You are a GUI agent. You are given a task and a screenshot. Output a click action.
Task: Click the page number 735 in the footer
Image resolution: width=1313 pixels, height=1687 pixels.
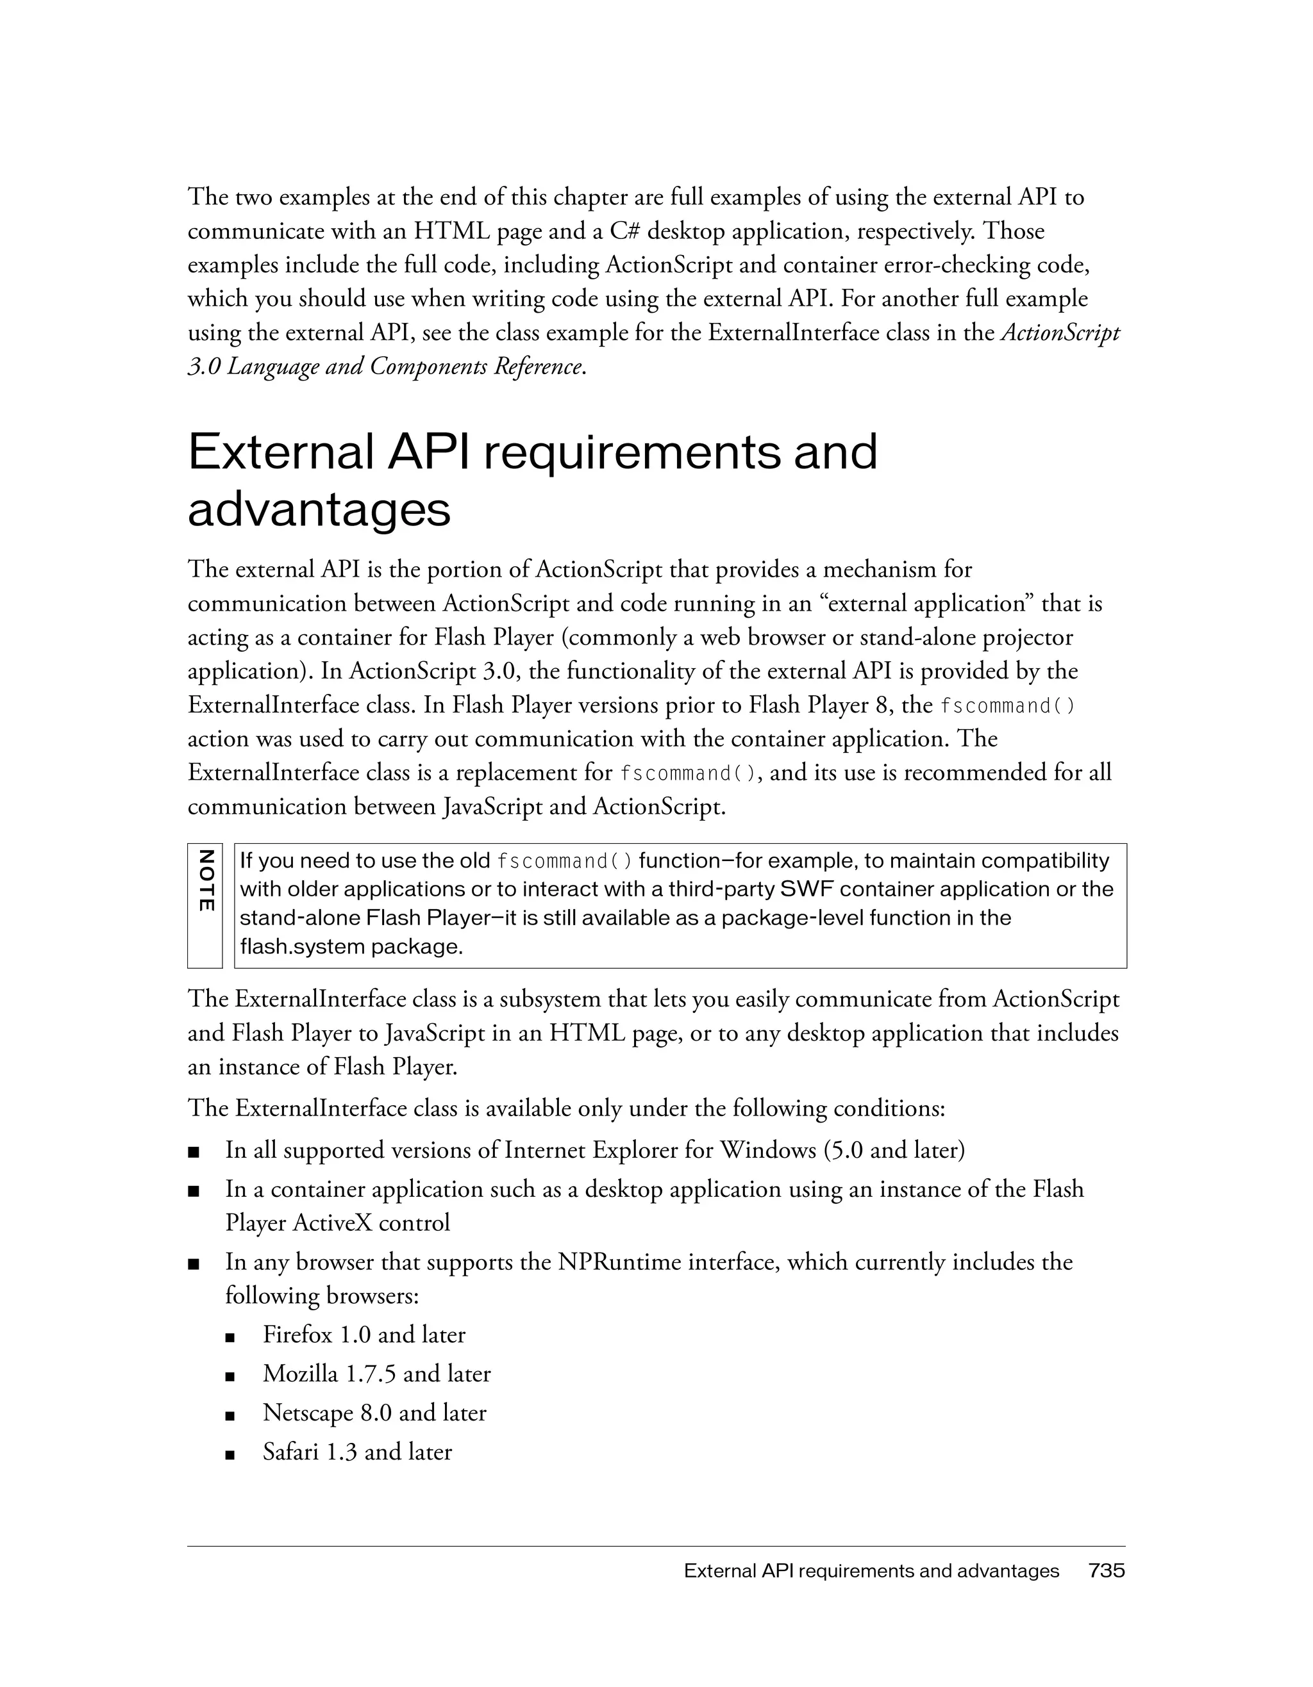pyautogui.click(x=1106, y=1570)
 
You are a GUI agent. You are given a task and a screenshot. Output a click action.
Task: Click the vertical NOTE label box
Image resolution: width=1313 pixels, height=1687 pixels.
pyautogui.click(x=205, y=905)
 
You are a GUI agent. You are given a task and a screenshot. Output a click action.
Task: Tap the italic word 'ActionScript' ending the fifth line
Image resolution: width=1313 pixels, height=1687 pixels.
pyautogui.click(x=1060, y=333)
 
